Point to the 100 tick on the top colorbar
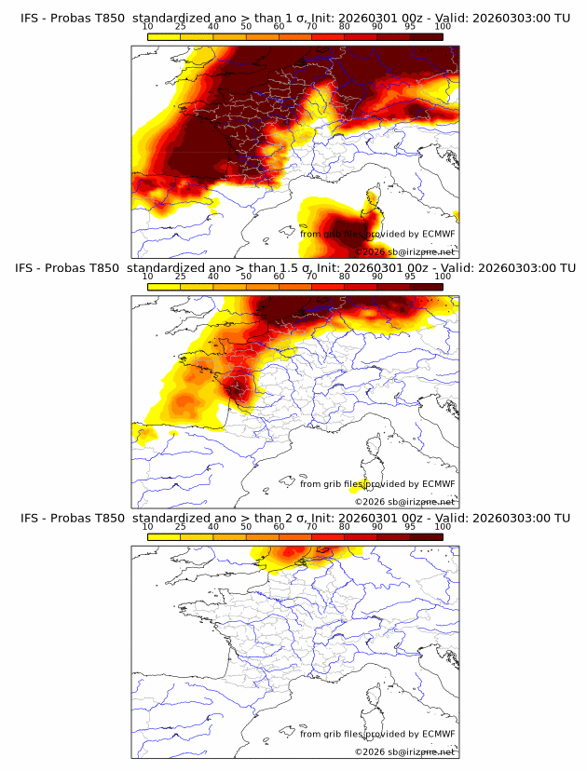pos(443,28)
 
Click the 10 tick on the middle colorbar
pos(148,277)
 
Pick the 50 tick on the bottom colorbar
pos(246,527)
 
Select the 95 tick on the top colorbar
pos(410,28)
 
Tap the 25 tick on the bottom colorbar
pos(181,527)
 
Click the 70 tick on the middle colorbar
pos(312,277)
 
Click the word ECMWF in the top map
pos(439,234)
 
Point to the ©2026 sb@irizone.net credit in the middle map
pos(405,501)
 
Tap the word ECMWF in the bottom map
pos(439,734)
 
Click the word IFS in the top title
pos(30,19)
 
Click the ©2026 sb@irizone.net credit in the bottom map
pos(405,751)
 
